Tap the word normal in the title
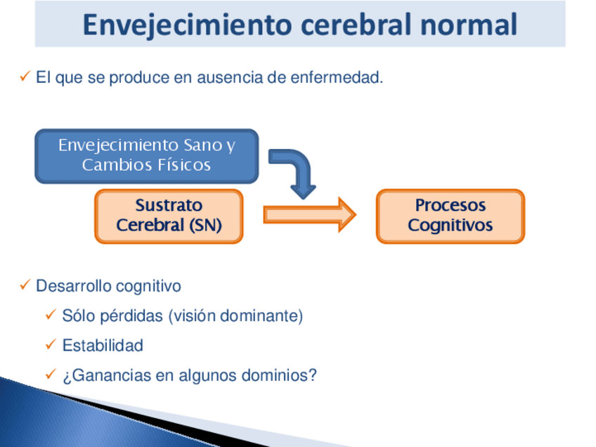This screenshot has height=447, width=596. pos(469,25)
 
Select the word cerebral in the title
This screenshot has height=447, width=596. pos(356,25)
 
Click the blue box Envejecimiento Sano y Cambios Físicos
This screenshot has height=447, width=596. pos(147,156)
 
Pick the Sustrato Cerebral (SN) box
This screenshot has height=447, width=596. pos(169,216)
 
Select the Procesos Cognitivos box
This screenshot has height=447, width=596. pos(451,216)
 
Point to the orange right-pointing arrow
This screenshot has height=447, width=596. pos(309,215)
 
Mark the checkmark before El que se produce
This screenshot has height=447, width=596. pos(25,76)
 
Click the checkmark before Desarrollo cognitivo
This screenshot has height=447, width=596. pos(25,285)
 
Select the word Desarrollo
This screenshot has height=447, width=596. pos(72,286)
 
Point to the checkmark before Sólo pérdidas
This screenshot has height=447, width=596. pos(51,314)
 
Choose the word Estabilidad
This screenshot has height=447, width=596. pos(103,345)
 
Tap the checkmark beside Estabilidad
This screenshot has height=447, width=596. pos(51,344)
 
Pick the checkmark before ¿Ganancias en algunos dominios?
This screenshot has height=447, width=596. pos(51,374)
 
